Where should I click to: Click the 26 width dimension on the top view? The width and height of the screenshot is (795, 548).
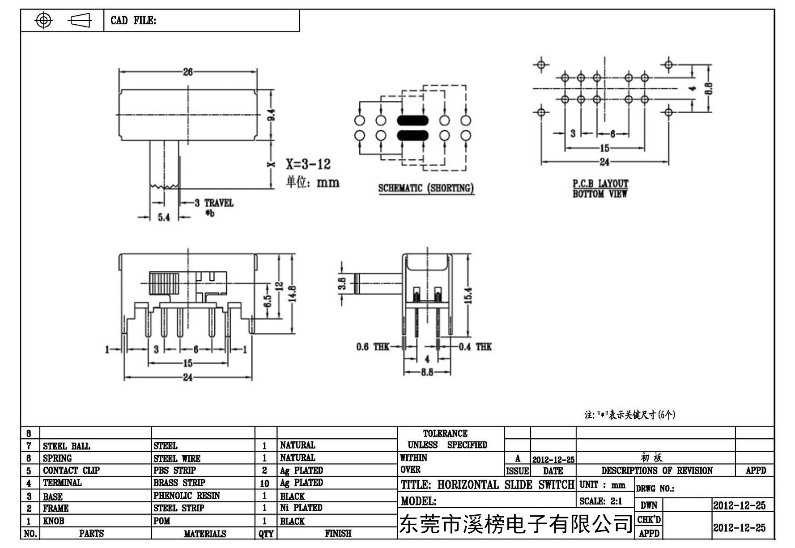click(x=188, y=72)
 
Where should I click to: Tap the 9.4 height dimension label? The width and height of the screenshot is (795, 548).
click(x=271, y=115)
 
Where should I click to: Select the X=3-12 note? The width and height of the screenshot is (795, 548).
click(x=308, y=164)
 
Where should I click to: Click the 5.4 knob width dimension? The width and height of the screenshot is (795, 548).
click(x=164, y=218)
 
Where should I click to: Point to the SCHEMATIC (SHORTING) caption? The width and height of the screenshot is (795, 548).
click(x=426, y=188)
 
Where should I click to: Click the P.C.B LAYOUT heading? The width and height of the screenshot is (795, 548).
click(x=600, y=184)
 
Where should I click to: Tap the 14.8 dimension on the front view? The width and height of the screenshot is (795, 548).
click(x=293, y=294)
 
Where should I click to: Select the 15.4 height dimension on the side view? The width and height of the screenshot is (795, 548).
click(x=468, y=295)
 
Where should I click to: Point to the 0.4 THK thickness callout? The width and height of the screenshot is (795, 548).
click(x=475, y=347)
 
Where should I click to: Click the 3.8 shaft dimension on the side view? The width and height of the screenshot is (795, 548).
click(x=342, y=284)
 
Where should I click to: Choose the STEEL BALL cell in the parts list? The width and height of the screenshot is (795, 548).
click(x=66, y=446)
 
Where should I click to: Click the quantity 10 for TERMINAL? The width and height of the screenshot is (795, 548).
click(x=264, y=483)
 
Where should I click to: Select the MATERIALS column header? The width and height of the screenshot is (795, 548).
click(x=204, y=534)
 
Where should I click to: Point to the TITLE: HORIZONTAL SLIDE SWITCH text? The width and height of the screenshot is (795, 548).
click(x=487, y=484)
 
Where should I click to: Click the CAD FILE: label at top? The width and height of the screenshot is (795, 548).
click(x=133, y=21)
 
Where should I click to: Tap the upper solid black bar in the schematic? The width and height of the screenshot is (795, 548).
click(x=412, y=120)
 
